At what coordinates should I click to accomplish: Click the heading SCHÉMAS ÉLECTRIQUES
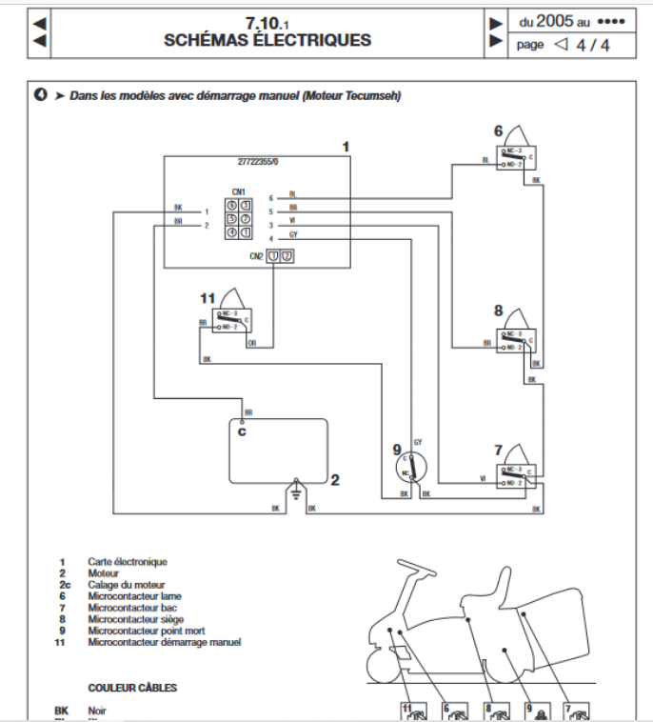267,41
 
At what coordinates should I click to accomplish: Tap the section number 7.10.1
267,24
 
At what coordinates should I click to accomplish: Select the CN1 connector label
238,191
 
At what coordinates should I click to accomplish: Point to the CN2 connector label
256,255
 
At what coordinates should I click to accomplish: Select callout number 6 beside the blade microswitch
497,131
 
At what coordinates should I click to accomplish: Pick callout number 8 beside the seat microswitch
498,311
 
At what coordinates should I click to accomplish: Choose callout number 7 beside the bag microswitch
498,449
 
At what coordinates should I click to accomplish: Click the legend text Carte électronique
128,562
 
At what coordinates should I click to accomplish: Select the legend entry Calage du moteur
127,585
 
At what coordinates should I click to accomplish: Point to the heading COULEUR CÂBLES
132,687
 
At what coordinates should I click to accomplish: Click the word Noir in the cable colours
97,711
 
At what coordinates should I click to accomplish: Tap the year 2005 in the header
556,21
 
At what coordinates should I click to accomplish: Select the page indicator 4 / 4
593,44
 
